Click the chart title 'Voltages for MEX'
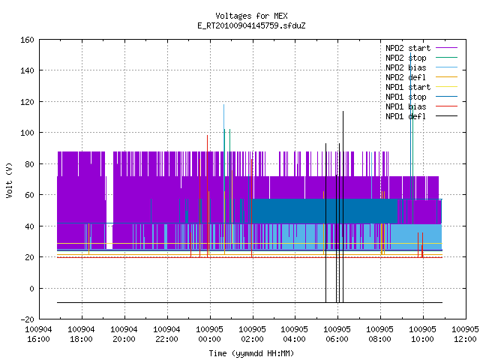tap(251, 16)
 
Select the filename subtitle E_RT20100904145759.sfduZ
tap(251, 25)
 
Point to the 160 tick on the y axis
tap(27, 40)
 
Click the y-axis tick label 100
tap(27, 133)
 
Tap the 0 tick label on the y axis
tap(31, 288)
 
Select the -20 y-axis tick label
tap(27, 319)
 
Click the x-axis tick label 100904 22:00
tap(166, 334)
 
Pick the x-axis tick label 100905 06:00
tap(337, 334)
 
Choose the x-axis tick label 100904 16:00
tap(38, 334)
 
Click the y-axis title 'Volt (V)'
tap(10, 180)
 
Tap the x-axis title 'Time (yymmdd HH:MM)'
tap(251, 353)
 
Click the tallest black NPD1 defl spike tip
tap(343, 112)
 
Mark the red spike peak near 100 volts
tap(207, 135)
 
